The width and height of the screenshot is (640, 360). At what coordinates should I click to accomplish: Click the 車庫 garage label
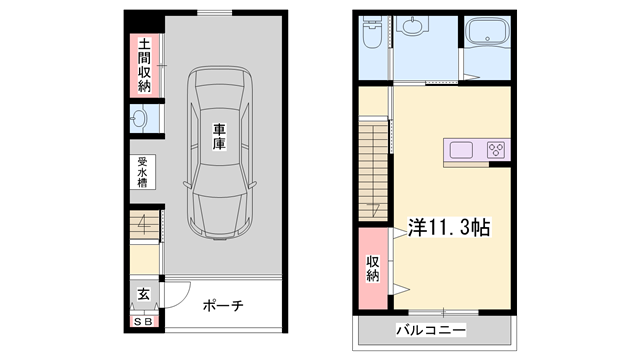(x=219, y=136)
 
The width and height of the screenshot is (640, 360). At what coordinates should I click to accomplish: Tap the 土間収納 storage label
(x=144, y=65)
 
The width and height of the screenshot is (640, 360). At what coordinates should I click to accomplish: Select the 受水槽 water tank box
(x=142, y=172)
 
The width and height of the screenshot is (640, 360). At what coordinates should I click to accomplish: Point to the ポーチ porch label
(x=223, y=305)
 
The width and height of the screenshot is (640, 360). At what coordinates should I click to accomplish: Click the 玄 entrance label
(x=143, y=293)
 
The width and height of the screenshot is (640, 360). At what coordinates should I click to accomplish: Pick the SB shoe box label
(x=144, y=322)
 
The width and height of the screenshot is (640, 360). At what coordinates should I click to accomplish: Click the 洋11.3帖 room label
(x=449, y=227)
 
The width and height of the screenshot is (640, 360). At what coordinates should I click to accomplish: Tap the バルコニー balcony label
(x=431, y=329)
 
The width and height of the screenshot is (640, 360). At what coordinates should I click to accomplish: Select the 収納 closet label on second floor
(x=372, y=268)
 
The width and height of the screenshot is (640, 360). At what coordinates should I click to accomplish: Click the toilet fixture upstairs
(x=372, y=33)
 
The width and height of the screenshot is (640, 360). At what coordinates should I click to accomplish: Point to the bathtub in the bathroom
(x=488, y=33)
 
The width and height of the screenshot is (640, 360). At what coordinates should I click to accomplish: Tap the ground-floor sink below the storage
(x=139, y=119)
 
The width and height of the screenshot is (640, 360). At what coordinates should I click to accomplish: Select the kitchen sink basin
(x=461, y=150)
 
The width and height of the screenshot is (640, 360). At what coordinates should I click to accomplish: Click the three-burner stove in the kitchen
(x=496, y=150)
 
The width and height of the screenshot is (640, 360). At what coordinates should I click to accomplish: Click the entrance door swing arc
(x=183, y=299)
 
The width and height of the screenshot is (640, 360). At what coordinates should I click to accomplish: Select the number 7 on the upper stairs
(x=374, y=209)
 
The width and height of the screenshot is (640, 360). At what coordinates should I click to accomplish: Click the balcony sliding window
(x=443, y=313)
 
